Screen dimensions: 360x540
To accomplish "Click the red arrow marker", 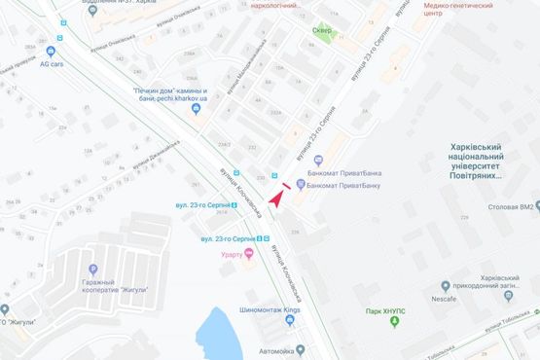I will click(x=275, y=196).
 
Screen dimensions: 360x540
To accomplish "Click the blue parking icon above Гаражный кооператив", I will click(x=92, y=270).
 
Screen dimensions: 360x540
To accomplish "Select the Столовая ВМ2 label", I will click(x=514, y=207).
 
